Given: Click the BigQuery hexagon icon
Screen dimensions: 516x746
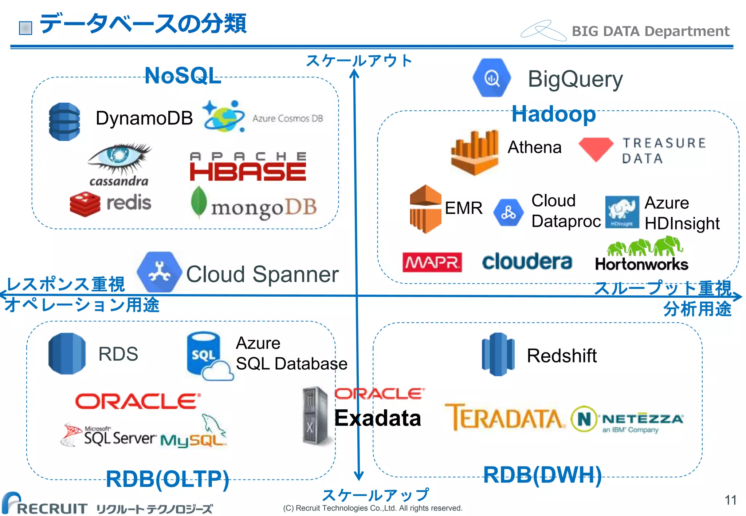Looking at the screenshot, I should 491,78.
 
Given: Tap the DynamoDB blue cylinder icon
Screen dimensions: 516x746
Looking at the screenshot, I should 64,122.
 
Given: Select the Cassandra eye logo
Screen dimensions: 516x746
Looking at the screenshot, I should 119,158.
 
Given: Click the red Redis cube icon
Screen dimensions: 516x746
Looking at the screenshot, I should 85,204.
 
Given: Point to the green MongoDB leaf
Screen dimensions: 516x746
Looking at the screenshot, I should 199,202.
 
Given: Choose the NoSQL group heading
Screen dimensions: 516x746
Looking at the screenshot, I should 182,76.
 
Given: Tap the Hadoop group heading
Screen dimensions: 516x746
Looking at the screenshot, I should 553,114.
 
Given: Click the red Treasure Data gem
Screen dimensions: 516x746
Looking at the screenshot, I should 596,149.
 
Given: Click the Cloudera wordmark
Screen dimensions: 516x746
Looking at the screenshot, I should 527,262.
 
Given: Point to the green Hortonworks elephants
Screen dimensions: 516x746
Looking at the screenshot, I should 644,246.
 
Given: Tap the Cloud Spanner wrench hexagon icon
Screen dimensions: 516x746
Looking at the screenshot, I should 159,272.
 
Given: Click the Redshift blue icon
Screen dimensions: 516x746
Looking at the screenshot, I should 498,354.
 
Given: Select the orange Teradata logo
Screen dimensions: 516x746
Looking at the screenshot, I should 504,417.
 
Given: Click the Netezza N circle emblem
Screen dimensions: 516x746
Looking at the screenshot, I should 584,419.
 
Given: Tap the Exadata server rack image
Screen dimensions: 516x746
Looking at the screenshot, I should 315,416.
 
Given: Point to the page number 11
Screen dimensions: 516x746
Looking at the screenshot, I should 730,500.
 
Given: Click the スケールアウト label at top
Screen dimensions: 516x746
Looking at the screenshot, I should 359,60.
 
